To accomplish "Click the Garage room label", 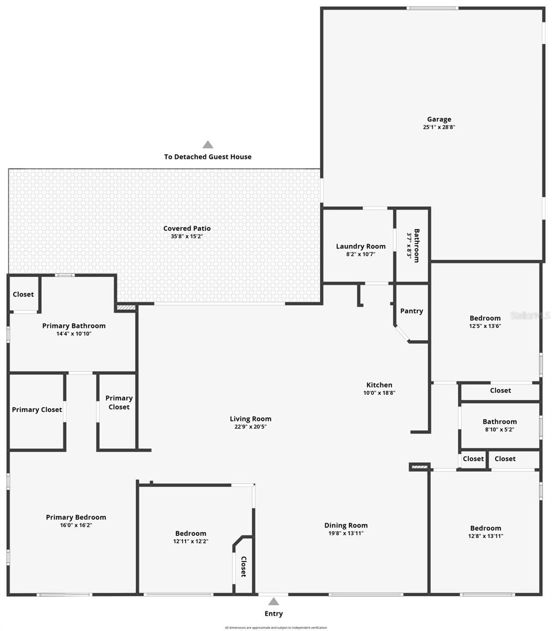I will pyautogui.click(x=439, y=119).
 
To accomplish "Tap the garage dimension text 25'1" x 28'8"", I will pyautogui.click(x=439, y=127).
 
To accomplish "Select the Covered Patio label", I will pyautogui.click(x=187, y=228).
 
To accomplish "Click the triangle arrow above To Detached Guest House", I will pyautogui.click(x=208, y=145).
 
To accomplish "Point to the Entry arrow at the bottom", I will pyautogui.click(x=274, y=602).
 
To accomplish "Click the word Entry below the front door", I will pyautogui.click(x=274, y=614).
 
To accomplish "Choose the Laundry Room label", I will pyautogui.click(x=360, y=246).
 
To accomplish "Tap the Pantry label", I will pyautogui.click(x=412, y=311).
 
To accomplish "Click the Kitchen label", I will pyautogui.click(x=379, y=385).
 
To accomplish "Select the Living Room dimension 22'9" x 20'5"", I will pyautogui.click(x=250, y=427).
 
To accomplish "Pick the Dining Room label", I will pyautogui.click(x=346, y=525).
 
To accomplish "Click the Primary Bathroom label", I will pyautogui.click(x=74, y=325).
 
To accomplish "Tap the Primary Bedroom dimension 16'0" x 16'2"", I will pyautogui.click(x=76, y=525).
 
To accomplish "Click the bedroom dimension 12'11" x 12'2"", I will pyautogui.click(x=190, y=541).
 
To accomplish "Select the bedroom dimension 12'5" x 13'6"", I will pyautogui.click(x=485, y=325).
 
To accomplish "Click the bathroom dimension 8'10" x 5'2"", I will pyautogui.click(x=499, y=429).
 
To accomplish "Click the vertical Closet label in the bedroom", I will pyautogui.click(x=243, y=566).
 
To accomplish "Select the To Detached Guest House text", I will pyautogui.click(x=208, y=157).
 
